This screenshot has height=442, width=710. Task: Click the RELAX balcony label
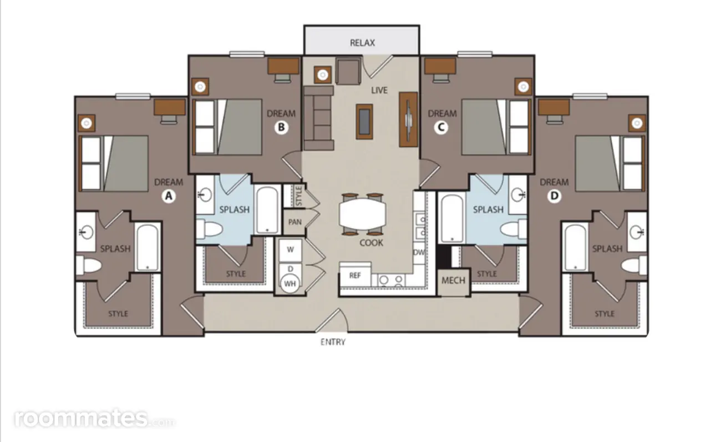point(362,43)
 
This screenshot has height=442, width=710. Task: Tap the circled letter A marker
point(169,196)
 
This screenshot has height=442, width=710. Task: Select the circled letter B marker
point(281,128)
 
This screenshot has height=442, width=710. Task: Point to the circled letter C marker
point(441,128)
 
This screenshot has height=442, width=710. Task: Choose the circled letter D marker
point(554,196)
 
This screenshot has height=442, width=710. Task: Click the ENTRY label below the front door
point(333,342)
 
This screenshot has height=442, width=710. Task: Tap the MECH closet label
point(453,280)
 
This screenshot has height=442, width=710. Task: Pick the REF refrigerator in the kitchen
point(356,275)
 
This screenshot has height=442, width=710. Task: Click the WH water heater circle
point(290,283)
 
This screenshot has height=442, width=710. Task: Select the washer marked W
point(290,250)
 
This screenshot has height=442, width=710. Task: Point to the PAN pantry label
point(295,222)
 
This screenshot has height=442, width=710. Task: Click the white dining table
point(362,214)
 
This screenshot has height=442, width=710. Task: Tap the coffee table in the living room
point(364,122)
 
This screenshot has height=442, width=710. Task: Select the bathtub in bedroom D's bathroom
point(575,247)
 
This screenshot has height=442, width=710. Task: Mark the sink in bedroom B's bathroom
point(205,194)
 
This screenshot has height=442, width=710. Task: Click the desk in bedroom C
point(440,66)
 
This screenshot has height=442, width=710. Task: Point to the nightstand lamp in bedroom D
point(637,123)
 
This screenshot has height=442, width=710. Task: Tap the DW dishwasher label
point(419,253)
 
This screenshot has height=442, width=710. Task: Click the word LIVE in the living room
point(379,91)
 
